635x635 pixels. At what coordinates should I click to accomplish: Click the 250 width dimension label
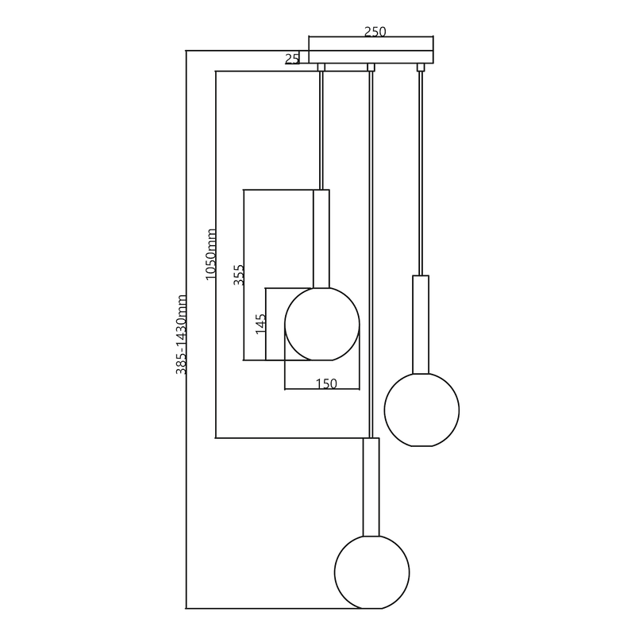coord(375,32)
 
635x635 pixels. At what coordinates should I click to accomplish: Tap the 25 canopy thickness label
coord(292,59)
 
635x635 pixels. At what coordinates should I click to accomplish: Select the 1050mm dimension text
coord(210,254)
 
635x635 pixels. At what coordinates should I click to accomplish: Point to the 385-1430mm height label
coord(181,334)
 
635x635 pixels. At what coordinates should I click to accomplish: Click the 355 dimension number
coord(239,275)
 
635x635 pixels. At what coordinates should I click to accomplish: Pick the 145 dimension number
coord(261,324)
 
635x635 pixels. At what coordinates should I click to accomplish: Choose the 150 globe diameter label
coord(326,383)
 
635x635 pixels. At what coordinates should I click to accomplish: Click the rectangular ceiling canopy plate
coord(371,57)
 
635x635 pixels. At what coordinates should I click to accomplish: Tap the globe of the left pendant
coord(322,324)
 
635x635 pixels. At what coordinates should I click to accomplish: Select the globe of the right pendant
coord(421,410)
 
